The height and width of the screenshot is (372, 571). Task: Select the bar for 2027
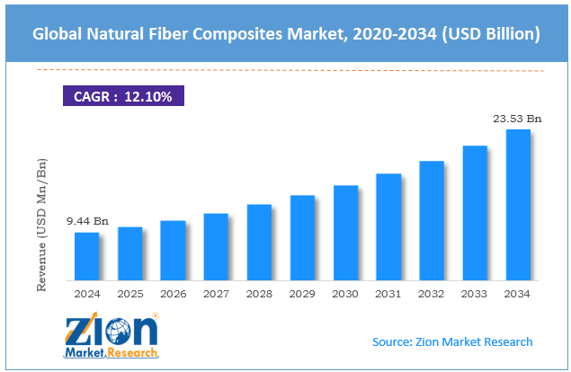pos(216,247)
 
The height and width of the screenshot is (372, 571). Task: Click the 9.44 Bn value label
pos(86,220)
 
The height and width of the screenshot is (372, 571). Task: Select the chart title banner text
pos(285,35)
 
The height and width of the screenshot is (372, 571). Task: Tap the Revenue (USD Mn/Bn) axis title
pos(41,225)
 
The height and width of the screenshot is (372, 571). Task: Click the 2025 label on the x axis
pos(129,293)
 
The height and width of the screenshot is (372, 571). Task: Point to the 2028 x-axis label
pos(259,293)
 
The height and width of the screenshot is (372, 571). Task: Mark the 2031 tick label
pos(388,293)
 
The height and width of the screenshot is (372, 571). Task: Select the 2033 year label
pos(475,293)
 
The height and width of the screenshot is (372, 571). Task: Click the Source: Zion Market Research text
pos(452,341)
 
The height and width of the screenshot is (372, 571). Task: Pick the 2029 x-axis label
pos(302,293)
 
